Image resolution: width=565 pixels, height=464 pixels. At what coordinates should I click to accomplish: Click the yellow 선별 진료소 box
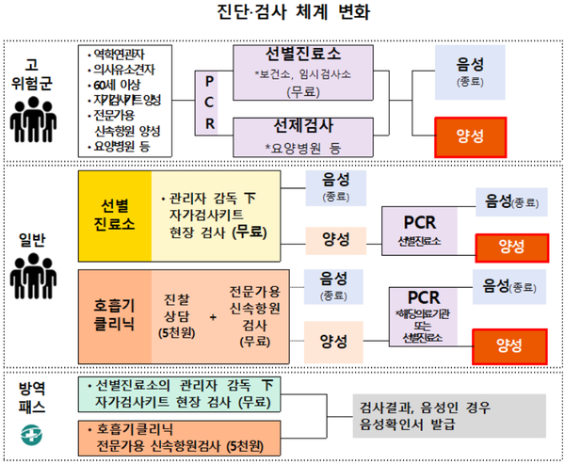(x=113, y=216)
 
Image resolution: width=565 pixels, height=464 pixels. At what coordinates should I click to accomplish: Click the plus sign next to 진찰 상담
(x=212, y=316)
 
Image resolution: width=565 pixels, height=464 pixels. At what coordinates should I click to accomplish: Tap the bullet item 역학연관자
(x=127, y=54)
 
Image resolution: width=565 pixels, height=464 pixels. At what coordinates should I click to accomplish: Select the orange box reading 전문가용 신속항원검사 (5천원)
(x=177, y=436)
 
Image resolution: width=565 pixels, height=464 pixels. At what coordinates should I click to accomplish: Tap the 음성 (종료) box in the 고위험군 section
(x=470, y=71)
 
